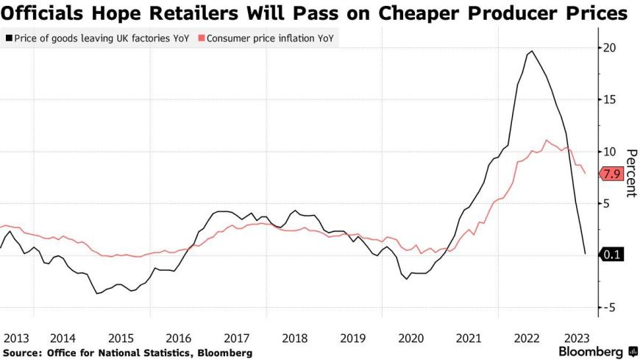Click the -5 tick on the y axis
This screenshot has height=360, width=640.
[x=608, y=307]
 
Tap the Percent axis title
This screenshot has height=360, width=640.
[x=630, y=173]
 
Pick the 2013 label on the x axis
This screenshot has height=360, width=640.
[x=15, y=338]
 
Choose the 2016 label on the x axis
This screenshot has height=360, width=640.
[x=179, y=338]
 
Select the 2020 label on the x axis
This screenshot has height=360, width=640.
[x=411, y=338]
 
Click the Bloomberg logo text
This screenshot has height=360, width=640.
[x=587, y=352]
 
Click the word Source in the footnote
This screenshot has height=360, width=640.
[x=22, y=353]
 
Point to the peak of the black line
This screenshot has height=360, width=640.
[x=531, y=51]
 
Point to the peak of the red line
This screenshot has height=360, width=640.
[x=546, y=140]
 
